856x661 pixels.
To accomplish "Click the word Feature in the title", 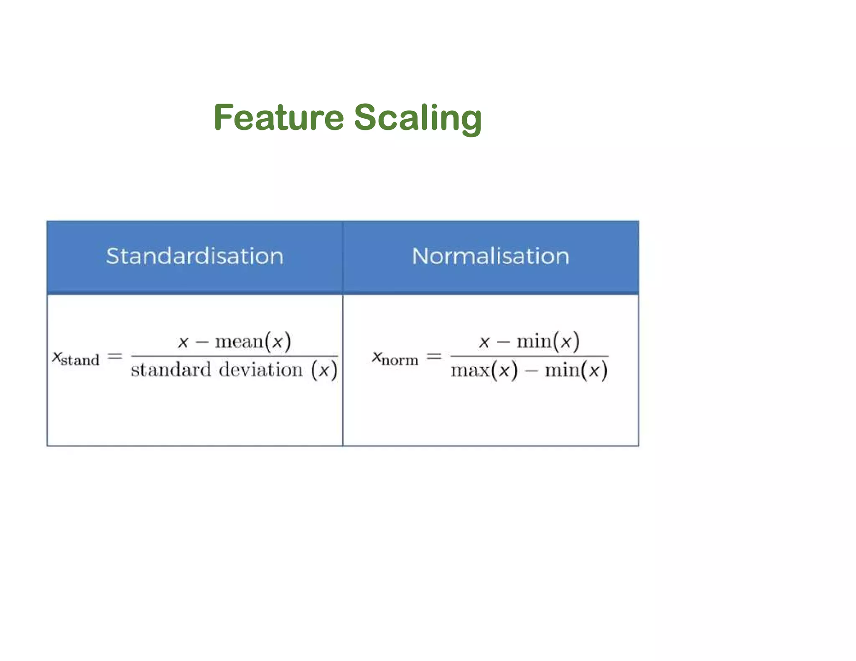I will coord(278,117).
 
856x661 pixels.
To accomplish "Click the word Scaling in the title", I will coord(418,118).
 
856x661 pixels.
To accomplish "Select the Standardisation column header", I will coord(195,256).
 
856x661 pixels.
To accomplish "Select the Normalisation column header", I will coord(491,256).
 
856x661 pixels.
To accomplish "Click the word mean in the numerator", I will coord(239,342).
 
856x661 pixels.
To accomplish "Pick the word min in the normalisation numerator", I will coord(534,342).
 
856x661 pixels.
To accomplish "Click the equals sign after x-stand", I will coord(115,356).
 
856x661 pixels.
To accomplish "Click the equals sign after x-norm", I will coord(434,356).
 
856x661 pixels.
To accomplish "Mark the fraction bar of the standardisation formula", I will coord(234,356).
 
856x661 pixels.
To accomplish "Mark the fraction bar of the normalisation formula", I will coord(529,356).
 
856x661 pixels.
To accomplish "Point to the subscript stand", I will coord(80,360).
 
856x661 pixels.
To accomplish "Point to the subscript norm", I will coord(400,360).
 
